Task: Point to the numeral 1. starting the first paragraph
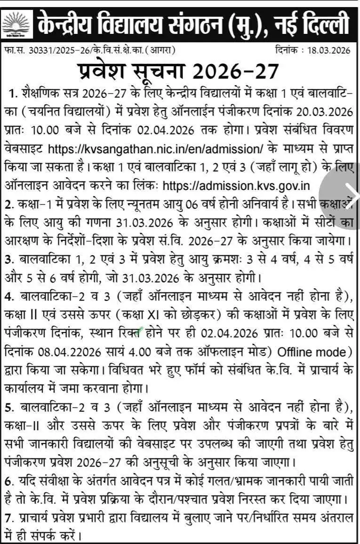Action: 13,95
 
